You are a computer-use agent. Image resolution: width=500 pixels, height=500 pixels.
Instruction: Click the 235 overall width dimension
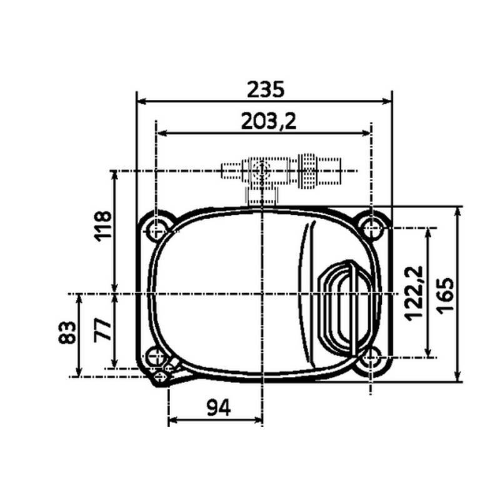(265, 89)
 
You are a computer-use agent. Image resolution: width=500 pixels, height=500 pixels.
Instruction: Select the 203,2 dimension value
(268, 122)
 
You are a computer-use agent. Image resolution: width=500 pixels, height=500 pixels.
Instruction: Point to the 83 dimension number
(68, 332)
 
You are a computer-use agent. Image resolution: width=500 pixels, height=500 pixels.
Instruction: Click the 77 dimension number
(103, 329)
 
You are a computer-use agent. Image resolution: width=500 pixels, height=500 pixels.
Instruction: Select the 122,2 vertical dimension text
(414, 292)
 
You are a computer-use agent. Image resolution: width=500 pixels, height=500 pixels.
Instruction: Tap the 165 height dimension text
(446, 294)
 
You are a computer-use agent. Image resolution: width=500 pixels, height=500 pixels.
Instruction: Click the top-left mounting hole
(156, 230)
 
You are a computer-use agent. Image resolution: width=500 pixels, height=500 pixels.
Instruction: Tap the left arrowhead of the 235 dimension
(142, 101)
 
